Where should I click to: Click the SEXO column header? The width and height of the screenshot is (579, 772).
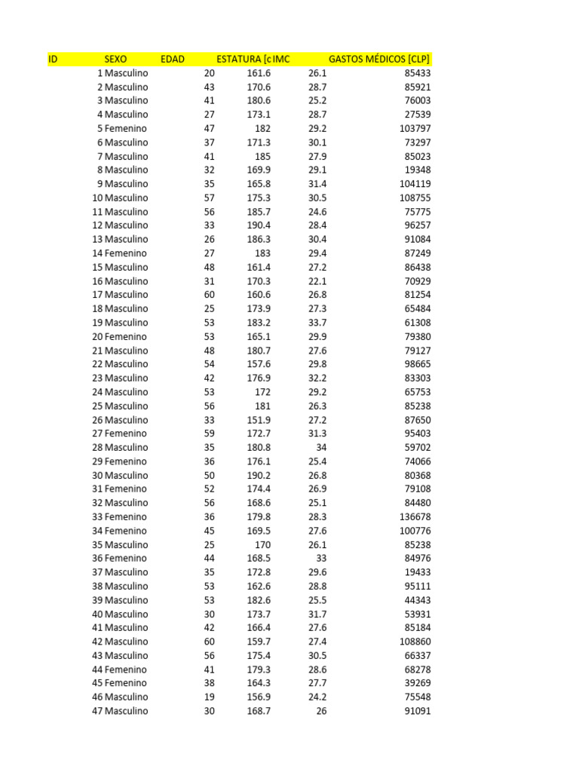[115, 59]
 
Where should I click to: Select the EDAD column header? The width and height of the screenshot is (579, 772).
[173, 59]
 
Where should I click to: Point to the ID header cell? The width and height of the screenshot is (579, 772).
[53, 59]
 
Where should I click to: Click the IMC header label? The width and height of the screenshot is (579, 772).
[281, 59]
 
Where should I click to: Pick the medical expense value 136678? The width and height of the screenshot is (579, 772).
[415, 517]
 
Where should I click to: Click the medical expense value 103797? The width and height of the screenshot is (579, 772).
[415, 129]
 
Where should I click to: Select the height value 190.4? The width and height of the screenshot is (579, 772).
[259, 225]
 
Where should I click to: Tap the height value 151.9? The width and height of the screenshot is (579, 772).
[259, 420]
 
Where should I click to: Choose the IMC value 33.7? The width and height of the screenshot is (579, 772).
[317, 323]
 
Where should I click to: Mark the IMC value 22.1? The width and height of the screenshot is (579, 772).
[317, 281]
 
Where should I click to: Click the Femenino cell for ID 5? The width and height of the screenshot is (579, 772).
[126, 129]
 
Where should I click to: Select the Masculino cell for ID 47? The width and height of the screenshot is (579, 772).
[126, 711]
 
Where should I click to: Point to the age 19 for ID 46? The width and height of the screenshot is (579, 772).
[209, 697]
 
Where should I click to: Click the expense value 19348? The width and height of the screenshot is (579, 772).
[418, 170]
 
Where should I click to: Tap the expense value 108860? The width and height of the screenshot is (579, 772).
[415, 642]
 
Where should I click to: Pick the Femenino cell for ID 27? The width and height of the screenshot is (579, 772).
[126, 433]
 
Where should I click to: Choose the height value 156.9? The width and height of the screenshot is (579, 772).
[259, 697]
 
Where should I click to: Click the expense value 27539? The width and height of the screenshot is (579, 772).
[418, 115]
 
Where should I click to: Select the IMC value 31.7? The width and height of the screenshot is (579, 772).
[317, 614]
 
